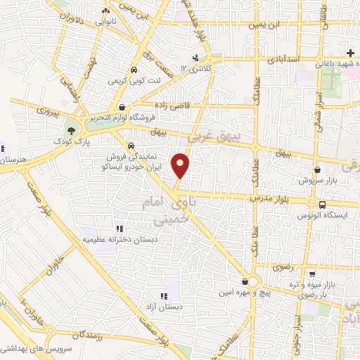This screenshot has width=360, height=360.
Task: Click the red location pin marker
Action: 181,165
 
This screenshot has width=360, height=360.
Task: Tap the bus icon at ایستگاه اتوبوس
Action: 321,205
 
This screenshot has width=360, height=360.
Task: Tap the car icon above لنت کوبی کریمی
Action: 134,70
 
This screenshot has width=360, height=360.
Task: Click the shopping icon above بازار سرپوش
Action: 317,169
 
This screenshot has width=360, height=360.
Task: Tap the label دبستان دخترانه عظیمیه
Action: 116,239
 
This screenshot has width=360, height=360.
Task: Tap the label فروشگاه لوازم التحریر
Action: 122,118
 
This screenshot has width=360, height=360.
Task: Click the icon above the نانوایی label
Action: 107,11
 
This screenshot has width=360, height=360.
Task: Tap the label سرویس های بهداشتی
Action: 28,347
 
